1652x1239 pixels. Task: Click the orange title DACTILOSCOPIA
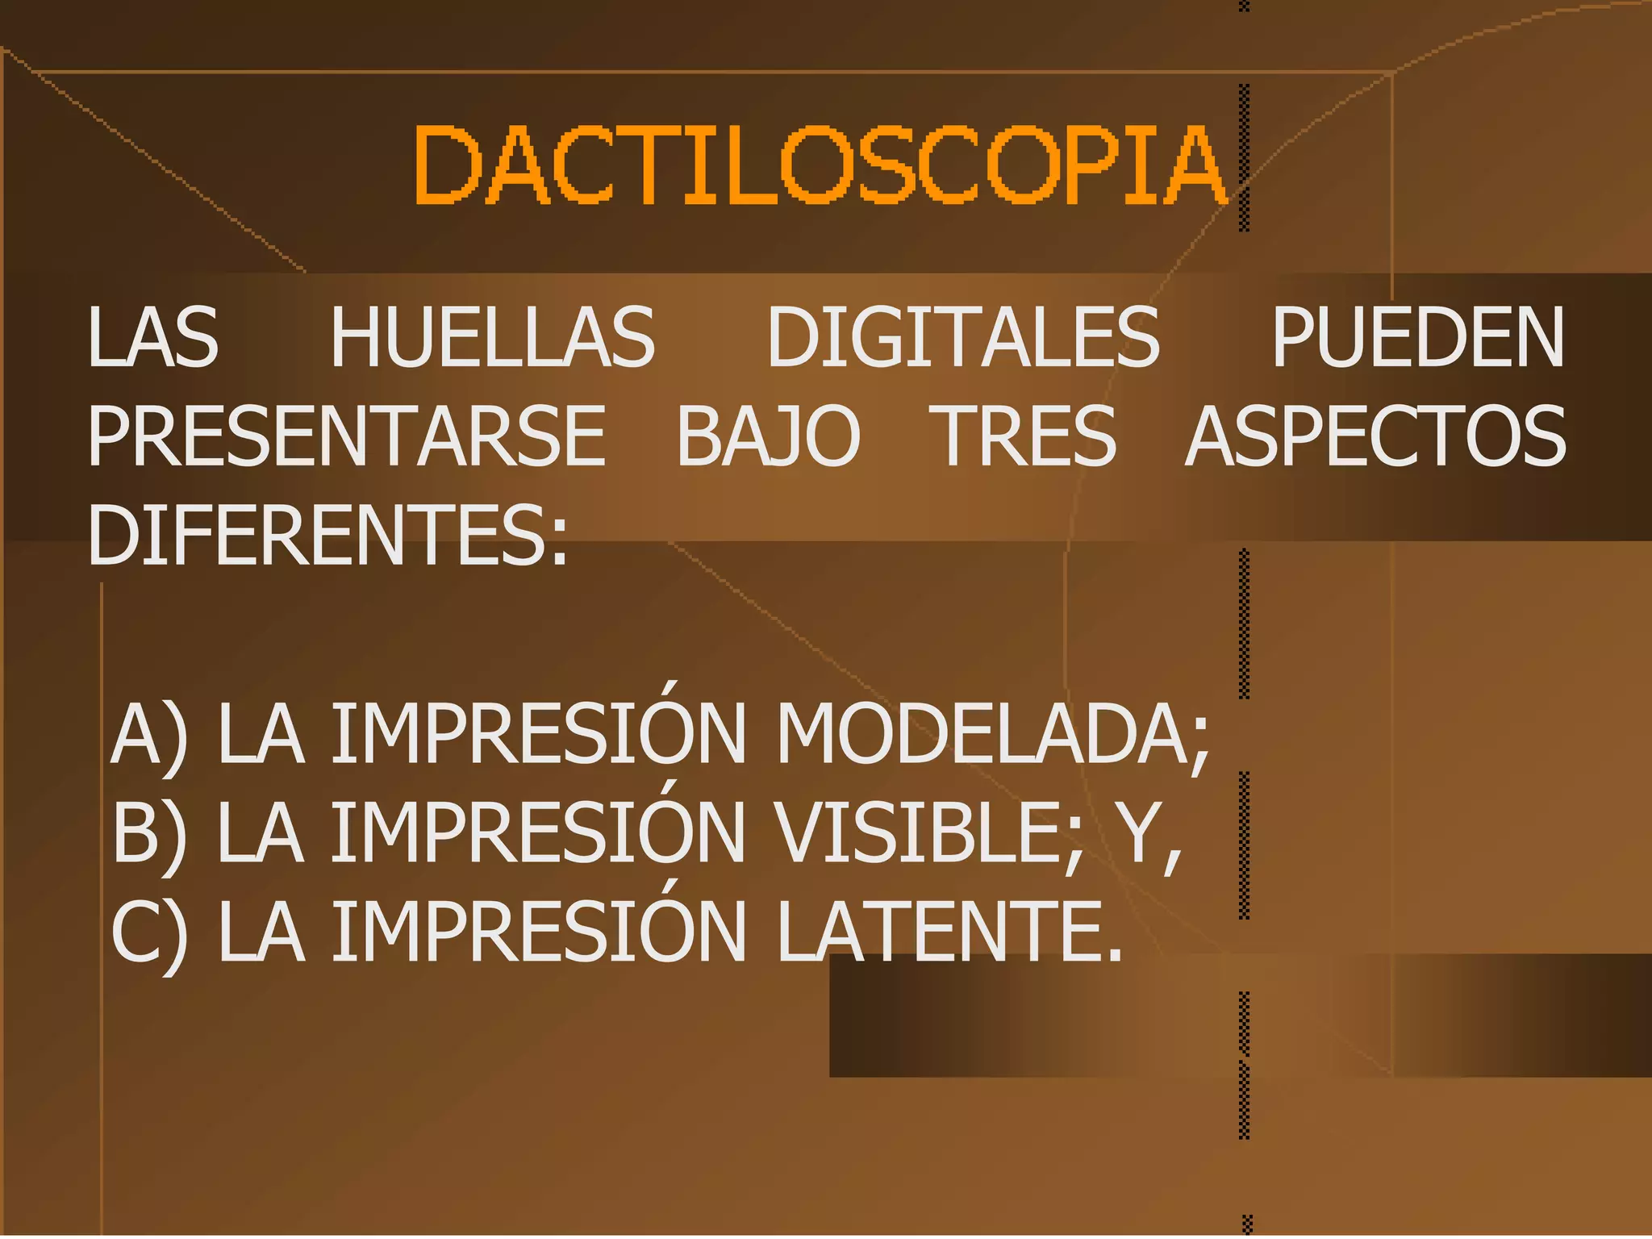click(x=820, y=165)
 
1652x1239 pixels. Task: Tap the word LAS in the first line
click(x=153, y=337)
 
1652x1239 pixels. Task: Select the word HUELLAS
click(x=493, y=337)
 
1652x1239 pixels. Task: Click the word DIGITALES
click(x=963, y=337)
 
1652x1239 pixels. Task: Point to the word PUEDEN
click(x=1418, y=337)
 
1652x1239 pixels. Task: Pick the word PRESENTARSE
click(x=347, y=436)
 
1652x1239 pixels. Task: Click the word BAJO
click(x=768, y=436)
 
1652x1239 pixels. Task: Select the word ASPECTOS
click(x=1376, y=436)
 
